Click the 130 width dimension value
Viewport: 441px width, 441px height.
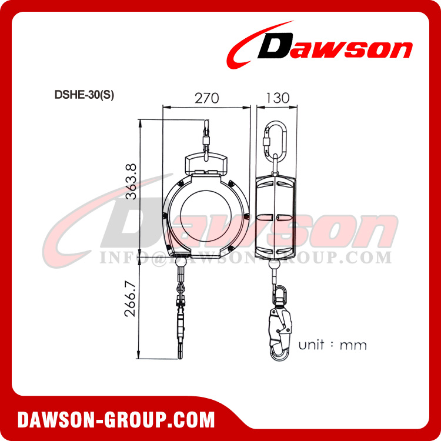pyautogui.click(x=277, y=98)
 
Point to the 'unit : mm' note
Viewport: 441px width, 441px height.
pyautogui.click(x=332, y=345)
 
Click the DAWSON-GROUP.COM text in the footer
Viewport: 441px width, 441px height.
pyautogui.click(x=116, y=420)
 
